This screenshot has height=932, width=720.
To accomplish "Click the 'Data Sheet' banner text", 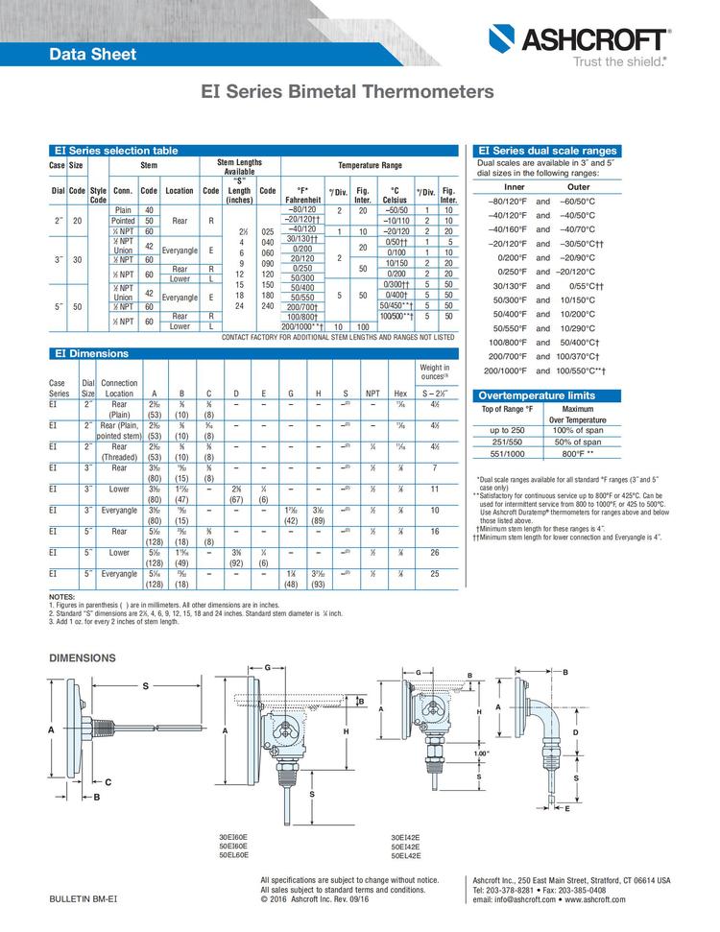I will tap(93, 55).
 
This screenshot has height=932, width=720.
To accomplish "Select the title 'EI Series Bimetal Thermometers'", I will tap(347, 92).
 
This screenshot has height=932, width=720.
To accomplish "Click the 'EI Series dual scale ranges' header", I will tap(547, 151).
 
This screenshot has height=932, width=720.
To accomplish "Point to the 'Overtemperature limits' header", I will tap(537, 395).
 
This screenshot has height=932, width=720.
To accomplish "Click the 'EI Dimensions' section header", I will tap(90, 353).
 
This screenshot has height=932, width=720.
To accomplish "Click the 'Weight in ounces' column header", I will tap(433, 371).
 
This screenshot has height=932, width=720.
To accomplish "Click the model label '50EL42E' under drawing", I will tap(405, 854).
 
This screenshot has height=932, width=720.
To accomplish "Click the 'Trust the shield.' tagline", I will tap(619, 60).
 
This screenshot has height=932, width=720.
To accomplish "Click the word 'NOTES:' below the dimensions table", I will tap(61, 597).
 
